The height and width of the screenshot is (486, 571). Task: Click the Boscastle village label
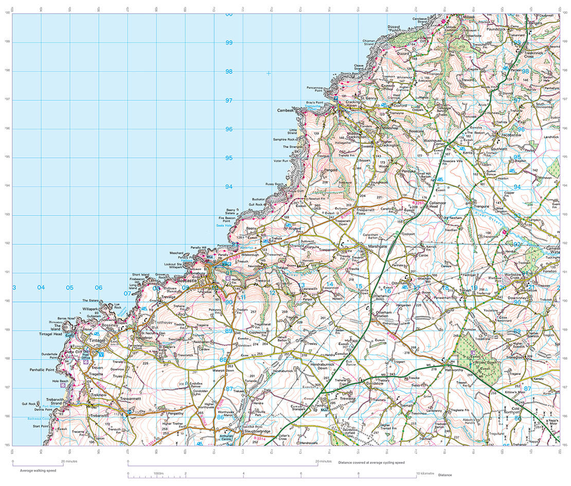pyautogui.click(x=193, y=281)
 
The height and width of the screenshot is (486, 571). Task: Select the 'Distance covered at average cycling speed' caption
pyautogui.click(x=371, y=462)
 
